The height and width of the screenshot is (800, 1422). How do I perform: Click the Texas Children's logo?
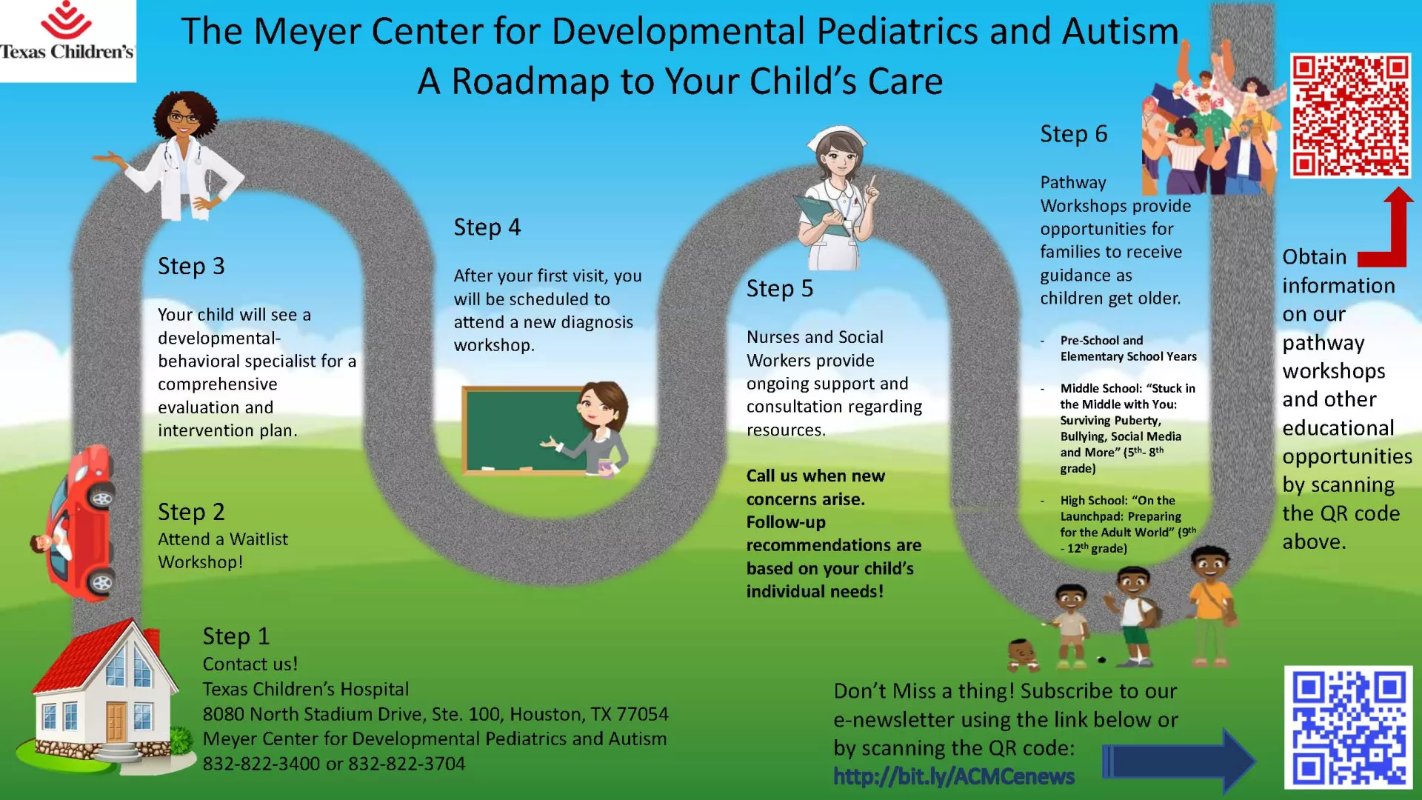67,31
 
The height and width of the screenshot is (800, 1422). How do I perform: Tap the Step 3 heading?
191,266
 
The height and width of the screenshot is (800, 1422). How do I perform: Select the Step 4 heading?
487,227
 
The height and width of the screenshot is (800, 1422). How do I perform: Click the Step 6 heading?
1073,134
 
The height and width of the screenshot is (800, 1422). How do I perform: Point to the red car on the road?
76,523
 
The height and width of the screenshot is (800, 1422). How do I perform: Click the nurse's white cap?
837,139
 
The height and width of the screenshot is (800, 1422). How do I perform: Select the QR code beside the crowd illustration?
1350,116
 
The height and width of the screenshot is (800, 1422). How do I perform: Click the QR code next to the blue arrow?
1348,727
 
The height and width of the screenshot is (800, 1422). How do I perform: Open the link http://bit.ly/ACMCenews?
954,776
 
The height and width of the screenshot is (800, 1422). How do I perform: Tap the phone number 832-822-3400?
261,764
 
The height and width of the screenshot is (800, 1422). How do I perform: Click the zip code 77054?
642,714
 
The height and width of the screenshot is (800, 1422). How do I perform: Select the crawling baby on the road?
1023,653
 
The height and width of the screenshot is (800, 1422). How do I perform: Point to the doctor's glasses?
183,118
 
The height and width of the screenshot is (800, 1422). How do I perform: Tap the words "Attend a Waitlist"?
223,539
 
